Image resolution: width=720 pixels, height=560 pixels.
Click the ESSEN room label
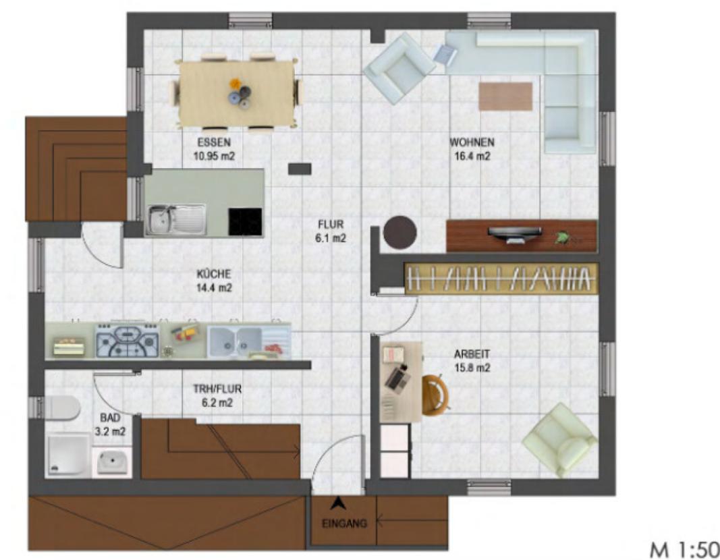pos(214,142)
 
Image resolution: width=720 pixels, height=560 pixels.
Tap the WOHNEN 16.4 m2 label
pos(472,149)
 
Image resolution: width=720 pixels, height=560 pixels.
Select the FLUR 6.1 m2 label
pos(331,231)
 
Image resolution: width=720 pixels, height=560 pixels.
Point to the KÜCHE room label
pos(214,274)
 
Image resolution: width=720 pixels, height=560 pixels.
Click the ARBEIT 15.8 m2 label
pos(472,361)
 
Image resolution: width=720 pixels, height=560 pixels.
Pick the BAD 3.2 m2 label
pos(110,424)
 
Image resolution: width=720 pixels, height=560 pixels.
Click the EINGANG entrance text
pos(344,524)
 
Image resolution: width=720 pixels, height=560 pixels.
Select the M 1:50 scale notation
pos(684,549)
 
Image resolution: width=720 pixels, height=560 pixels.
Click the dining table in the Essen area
pos(237,92)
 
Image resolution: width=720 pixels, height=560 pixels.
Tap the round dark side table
pos(400,233)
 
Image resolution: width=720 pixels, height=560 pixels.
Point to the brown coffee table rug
pos(505,96)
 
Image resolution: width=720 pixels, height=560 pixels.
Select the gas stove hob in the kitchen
pos(127,340)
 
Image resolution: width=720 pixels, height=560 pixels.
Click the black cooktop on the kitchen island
pos(245,222)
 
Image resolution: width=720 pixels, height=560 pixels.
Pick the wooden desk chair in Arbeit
pos(435,395)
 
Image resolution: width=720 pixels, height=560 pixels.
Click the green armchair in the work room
pos(559,440)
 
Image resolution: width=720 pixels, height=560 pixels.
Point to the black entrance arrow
pos(338,503)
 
